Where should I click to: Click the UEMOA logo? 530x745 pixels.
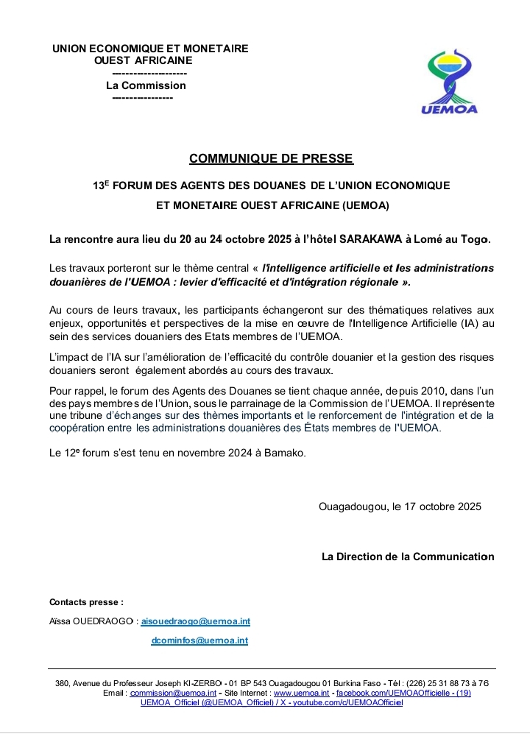[449, 83]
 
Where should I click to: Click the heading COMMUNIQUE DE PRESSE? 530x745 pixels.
[271, 158]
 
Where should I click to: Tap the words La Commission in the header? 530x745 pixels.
[146, 85]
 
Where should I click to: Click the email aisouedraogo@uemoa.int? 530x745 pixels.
[195, 621]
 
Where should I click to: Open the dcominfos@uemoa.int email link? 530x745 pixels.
[199, 640]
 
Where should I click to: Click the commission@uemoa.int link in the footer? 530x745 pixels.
[173, 693]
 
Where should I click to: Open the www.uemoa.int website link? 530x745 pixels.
[301, 693]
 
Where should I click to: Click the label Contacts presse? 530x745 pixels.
[86, 602]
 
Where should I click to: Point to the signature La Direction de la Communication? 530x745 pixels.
[408, 557]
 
